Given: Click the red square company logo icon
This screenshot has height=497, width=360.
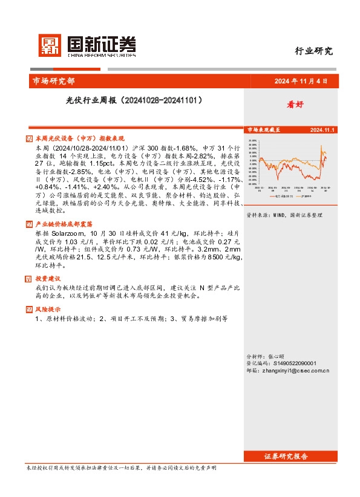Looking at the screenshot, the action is coord(48,44).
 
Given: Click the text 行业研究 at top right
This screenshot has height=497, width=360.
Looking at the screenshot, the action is coord(313,51).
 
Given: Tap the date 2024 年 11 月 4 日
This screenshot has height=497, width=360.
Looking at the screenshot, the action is coord(301,81).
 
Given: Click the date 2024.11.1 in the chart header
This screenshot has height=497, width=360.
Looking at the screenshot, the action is coord(323,130).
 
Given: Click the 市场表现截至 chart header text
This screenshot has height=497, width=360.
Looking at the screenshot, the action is coord(264,130).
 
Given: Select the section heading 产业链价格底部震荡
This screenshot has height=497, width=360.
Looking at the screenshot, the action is coord(67,224).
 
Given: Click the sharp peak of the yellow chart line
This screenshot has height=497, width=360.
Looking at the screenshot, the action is coord(320,145).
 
